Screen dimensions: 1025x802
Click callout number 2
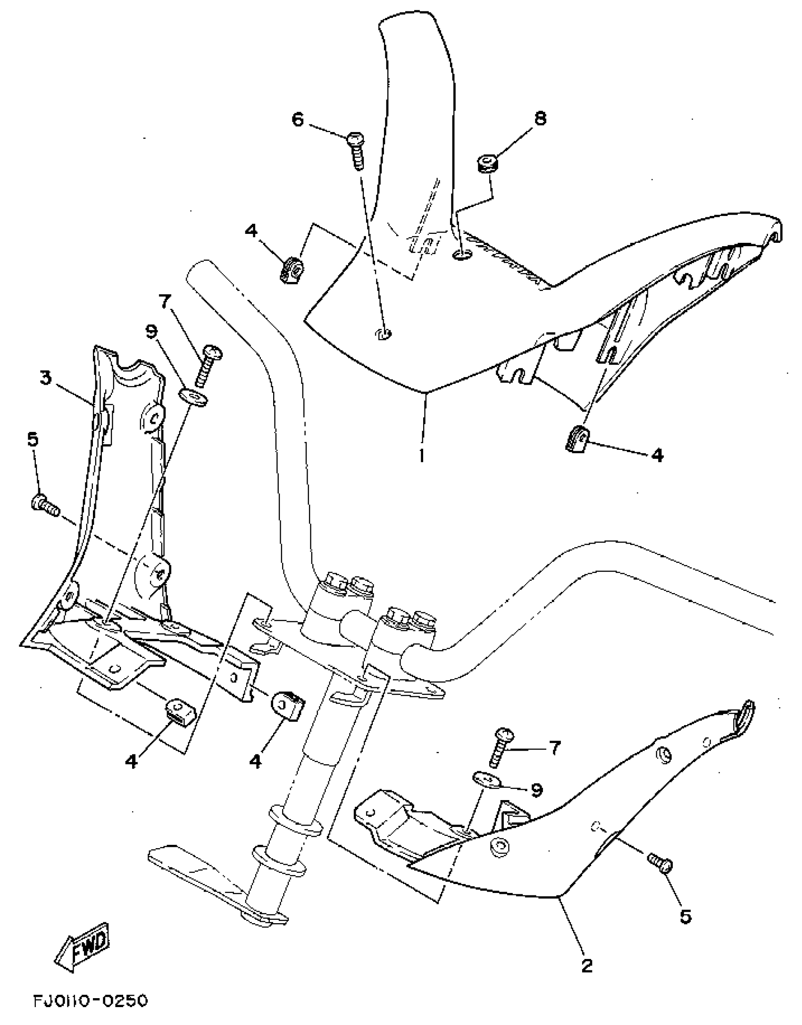586,966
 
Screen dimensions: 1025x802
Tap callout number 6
298,120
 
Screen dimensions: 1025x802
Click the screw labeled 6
357,150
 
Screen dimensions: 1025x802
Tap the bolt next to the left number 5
45,504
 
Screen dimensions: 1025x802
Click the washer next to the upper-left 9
194,397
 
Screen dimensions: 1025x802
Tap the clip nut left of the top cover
292,271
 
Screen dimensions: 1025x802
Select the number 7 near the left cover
165,301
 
